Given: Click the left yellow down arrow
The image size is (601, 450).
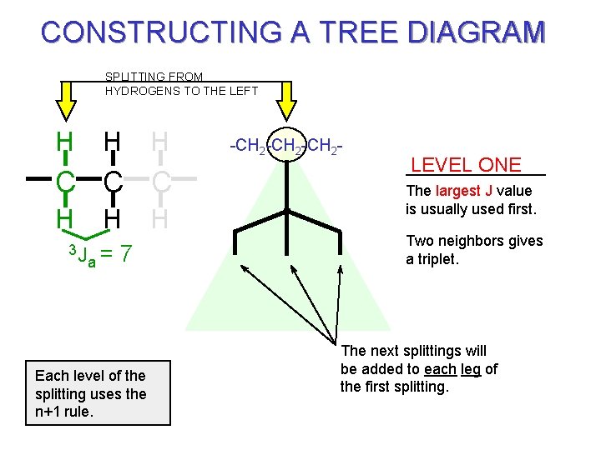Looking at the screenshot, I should pos(65,104).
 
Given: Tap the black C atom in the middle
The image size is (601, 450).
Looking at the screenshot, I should pos(114,180).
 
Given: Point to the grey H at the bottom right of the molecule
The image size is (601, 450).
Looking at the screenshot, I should pos(162,218).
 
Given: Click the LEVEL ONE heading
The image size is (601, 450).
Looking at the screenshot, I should pos(466,165).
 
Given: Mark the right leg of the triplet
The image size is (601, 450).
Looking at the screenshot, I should pos(340,242).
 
